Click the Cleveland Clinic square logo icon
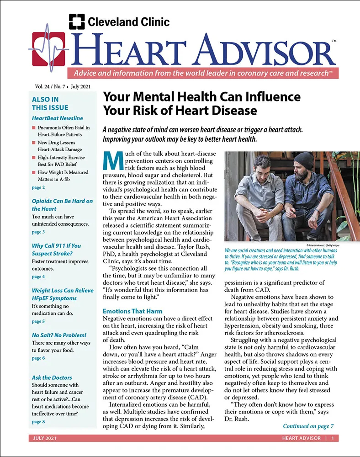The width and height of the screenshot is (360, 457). [x=77, y=21]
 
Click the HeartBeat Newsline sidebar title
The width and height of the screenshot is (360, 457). [x=54, y=118]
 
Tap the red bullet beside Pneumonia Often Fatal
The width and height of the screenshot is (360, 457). [x=34, y=128]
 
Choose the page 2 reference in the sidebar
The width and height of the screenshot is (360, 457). [x=38, y=187]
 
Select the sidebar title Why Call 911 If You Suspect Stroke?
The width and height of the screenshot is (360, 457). [x=56, y=249]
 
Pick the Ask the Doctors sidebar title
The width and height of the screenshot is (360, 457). [x=52, y=377]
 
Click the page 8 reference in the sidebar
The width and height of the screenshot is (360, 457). [x=38, y=421]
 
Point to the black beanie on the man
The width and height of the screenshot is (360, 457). [x=303, y=160]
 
